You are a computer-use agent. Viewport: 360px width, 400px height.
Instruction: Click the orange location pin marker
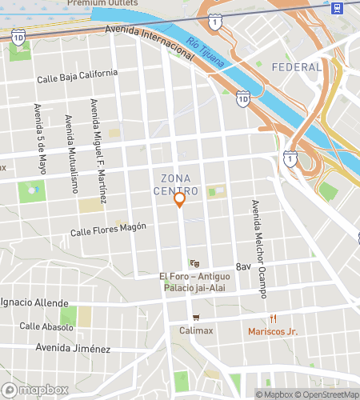tap(180, 199)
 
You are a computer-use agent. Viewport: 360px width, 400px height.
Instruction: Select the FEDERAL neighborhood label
tap(296, 67)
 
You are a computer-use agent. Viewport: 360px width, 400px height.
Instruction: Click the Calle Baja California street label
tap(78, 77)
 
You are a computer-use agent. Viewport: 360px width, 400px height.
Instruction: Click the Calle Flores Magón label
tap(108, 230)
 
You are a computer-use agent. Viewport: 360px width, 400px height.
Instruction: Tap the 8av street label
tap(243, 266)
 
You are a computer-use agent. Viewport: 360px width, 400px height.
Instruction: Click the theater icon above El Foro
tap(194, 263)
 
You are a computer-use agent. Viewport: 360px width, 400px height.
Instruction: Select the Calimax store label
tap(196, 330)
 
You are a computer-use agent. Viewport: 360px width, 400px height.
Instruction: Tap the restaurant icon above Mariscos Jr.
tap(273, 317)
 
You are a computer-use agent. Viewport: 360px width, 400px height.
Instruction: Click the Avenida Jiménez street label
tap(73, 348)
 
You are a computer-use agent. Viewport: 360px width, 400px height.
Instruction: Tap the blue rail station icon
tap(337, 7)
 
